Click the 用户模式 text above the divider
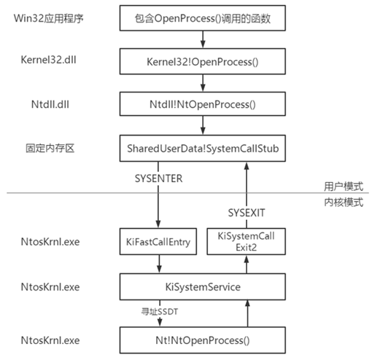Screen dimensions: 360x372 (343, 185)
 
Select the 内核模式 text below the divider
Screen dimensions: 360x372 (343, 201)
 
